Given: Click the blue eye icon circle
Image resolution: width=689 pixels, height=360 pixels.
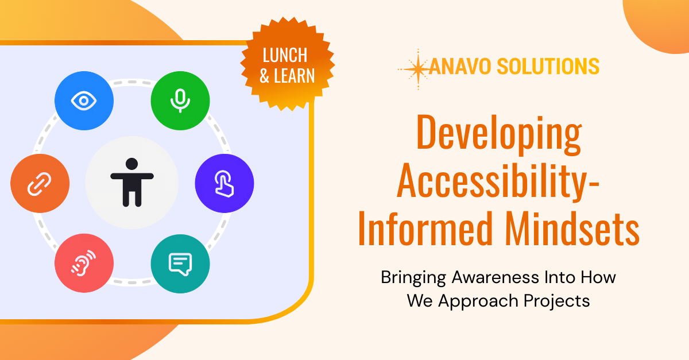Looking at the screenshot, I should [x=84, y=101].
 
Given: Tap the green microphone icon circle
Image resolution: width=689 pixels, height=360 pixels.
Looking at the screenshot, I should [x=180, y=101].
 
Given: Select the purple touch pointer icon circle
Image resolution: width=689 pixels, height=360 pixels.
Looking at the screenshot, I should [x=224, y=184].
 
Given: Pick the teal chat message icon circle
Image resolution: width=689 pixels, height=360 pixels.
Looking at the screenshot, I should [x=180, y=264].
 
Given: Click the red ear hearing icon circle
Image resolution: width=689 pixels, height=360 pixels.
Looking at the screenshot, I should [x=84, y=264].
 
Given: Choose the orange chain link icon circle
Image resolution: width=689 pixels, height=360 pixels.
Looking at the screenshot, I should [x=40, y=184].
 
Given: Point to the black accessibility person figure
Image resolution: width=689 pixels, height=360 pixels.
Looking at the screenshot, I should [x=131, y=182].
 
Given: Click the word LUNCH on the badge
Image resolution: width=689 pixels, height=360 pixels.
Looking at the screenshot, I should [x=285, y=56].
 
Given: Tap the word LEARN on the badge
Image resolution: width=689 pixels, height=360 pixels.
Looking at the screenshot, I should [x=293, y=76].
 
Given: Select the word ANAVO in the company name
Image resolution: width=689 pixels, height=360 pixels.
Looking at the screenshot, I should [x=460, y=67].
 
